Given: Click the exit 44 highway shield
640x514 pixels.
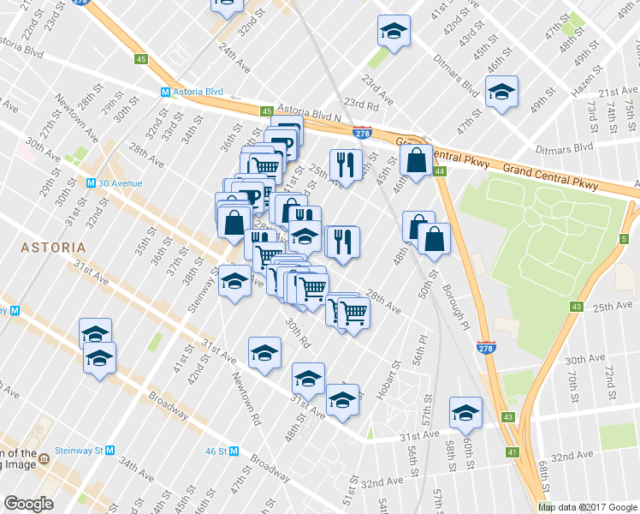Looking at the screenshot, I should point(439,172).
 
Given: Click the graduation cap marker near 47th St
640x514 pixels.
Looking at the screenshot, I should point(501,93).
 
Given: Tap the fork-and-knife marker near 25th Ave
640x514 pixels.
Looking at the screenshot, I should point(346,163).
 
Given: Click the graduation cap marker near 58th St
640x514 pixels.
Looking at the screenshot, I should point(465,414).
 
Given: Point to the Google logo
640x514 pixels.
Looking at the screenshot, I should point(29,504).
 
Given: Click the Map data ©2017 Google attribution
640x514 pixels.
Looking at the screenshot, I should point(588,507).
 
